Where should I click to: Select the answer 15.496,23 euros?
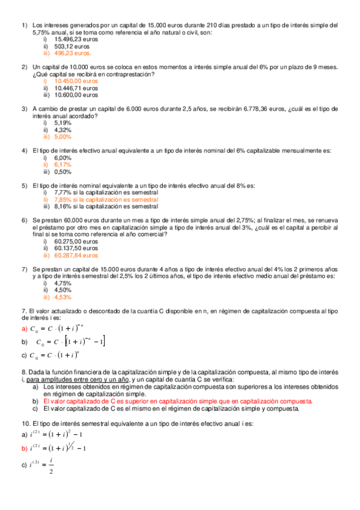click(74, 38)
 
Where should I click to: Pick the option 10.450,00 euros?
click(76, 81)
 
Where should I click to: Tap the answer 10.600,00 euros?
click(76, 94)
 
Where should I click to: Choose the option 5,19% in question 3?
click(63, 122)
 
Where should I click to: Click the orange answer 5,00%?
click(63, 136)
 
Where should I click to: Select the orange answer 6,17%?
click(63, 164)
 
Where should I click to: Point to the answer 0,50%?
click(63, 171)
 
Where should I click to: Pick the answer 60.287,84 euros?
click(76, 254)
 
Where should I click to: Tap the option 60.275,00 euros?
click(76, 241)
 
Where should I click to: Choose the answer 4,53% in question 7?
click(63, 296)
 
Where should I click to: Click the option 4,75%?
click(63, 283)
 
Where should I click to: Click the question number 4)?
click(25, 150)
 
